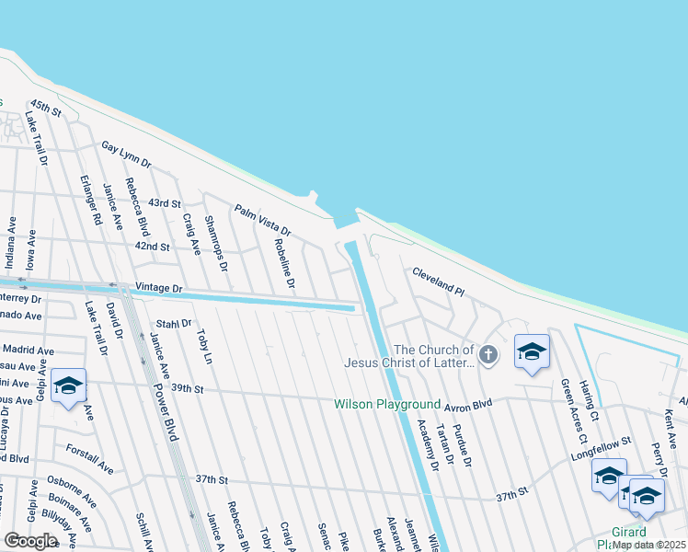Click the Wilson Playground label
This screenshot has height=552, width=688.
(x=387, y=404)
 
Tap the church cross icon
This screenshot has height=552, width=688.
(x=488, y=353)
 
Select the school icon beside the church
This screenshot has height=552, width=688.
(x=532, y=352)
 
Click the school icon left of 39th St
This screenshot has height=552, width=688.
(x=68, y=387)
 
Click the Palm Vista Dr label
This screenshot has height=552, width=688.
(x=261, y=220)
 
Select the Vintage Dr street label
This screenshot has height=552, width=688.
(x=159, y=288)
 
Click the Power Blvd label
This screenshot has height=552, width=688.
(x=165, y=404)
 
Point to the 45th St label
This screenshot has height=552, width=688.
(x=45, y=109)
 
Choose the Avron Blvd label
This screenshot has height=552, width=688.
(x=469, y=404)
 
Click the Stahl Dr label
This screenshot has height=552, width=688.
(x=173, y=324)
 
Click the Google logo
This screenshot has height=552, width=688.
(x=30, y=541)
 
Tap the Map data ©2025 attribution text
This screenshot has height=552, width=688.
(x=648, y=545)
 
